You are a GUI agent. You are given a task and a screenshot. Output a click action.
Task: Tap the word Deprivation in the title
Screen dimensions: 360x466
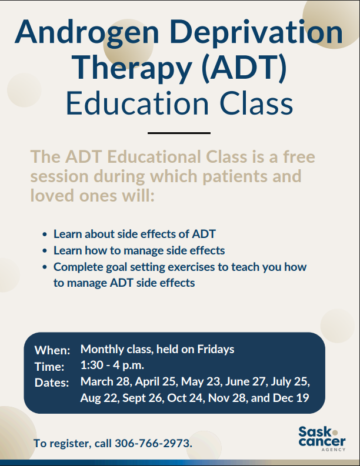tap(258, 32)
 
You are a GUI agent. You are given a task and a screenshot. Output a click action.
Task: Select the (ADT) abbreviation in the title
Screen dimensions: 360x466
tap(244, 67)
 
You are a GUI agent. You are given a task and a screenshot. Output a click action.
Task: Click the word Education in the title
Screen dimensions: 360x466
tap(137, 103)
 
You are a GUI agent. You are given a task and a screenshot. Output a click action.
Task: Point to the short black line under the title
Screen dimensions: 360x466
tap(179, 133)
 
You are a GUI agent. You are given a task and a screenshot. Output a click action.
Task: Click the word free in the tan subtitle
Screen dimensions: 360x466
tap(299, 156)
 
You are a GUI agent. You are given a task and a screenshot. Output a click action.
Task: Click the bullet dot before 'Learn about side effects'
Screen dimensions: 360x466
tap(45, 234)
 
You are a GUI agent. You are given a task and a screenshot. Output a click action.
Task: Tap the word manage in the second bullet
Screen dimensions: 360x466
tap(143, 250)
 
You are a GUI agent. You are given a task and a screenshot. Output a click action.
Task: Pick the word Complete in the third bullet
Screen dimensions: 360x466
tap(78, 267)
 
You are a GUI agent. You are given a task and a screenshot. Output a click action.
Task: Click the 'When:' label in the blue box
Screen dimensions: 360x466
tap(52, 350)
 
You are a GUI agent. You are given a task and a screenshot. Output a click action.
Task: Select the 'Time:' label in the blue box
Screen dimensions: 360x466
tap(49, 367)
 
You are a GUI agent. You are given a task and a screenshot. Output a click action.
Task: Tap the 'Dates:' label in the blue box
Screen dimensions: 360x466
tap(52, 383)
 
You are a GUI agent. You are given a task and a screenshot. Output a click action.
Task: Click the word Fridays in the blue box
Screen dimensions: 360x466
tap(216, 349)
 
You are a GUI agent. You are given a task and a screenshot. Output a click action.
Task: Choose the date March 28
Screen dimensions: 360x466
tap(106, 381)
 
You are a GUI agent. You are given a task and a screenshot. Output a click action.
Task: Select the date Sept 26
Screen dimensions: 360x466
tap(144, 398)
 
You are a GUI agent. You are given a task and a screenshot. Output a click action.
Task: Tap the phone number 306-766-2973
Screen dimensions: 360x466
tap(153, 443)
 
